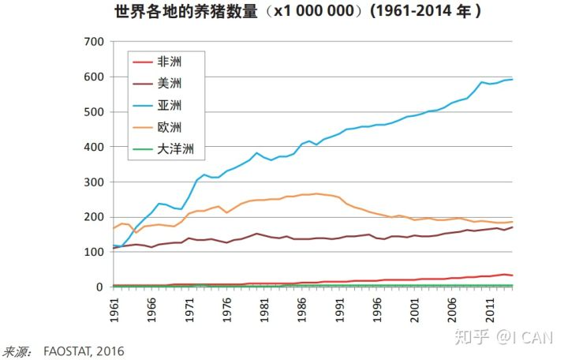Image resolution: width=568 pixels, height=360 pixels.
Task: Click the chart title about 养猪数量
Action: point(297,13)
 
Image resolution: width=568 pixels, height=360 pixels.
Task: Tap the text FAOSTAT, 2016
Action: point(84,351)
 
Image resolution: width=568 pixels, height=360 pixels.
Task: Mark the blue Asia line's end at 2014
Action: point(512,79)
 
